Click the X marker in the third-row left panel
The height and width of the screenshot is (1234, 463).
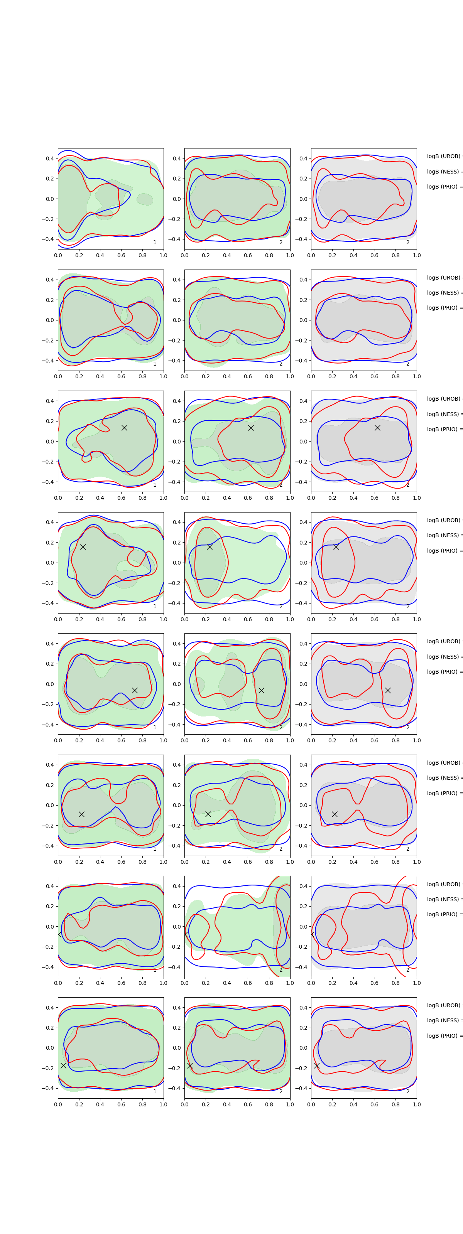[x=124, y=428]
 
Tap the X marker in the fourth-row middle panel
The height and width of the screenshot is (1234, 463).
[x=210, y=547]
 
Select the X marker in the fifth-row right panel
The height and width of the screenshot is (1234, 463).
[x=388, y=690]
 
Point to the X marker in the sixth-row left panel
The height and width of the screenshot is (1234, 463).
[x=81, y=814]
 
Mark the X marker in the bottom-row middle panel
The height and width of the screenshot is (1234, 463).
[x=190, y=1065]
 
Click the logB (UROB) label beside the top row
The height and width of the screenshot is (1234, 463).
[x=444, y=156]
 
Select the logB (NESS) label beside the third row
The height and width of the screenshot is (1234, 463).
[x=444, y=414]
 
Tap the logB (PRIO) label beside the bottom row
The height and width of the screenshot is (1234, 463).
[x=444, y=1036]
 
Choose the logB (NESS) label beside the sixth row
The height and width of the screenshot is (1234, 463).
[x=444, y=778]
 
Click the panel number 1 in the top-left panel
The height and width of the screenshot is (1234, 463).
[x=155, y=243]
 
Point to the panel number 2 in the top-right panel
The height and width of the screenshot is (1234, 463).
[x=408, y=243]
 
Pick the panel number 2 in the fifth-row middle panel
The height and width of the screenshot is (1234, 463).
[x=281, y=727]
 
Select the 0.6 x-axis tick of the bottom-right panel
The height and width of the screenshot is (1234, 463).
[x=374, y=1104]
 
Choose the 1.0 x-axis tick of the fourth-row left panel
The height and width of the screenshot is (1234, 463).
[x=164, y=619]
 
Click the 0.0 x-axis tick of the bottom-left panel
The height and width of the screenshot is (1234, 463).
[x=58, y=1104]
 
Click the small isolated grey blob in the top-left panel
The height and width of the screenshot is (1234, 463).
[x=145, y=199]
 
